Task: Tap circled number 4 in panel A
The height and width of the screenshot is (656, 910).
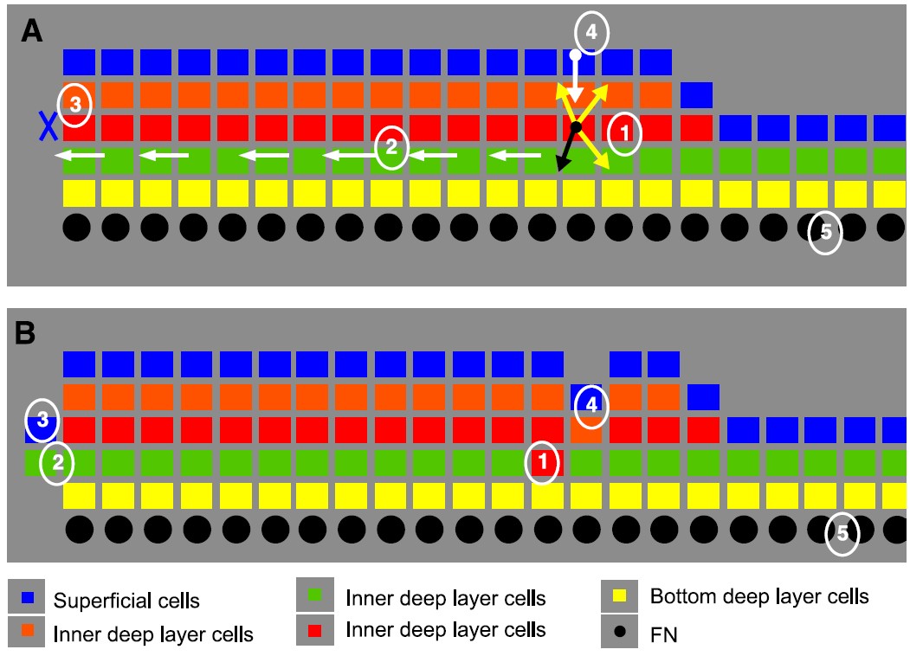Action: pos(591,34)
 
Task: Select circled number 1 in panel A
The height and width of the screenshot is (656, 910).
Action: pos(623,133)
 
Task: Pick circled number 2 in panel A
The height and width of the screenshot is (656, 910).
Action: pos(391,148)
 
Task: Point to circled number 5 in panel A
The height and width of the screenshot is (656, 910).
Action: pos(825,232)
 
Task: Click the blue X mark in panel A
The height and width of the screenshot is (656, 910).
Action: pos(47,126)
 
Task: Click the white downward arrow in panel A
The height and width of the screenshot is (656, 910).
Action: pos(575,78)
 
